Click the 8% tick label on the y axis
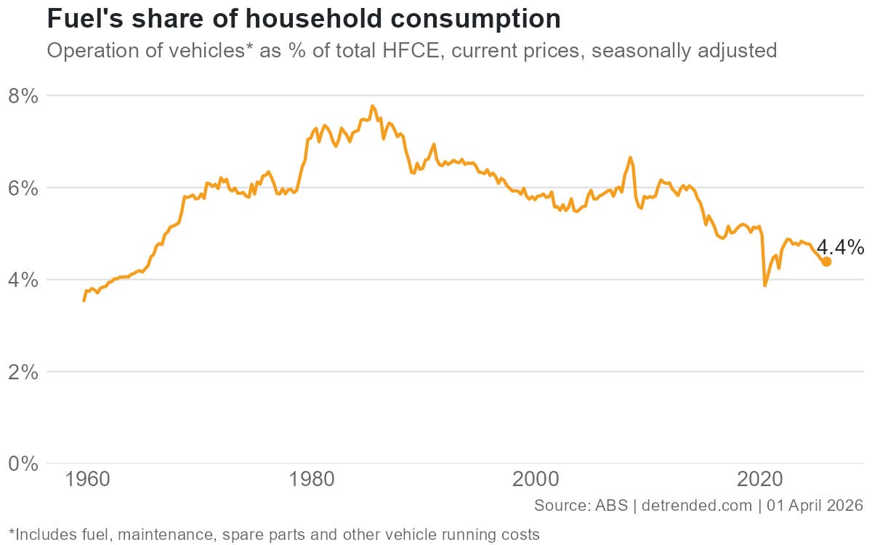coord(22,96)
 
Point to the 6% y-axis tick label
coord(22,187)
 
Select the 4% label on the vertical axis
coord(22,280)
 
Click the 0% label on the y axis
coord(22,464)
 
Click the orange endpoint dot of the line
coord(826,262)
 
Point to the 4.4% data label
coord(840,248)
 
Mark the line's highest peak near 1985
coord(372,106)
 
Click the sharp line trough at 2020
coord(764,285)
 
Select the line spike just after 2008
coord(630,157)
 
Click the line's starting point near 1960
coord(84,300)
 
